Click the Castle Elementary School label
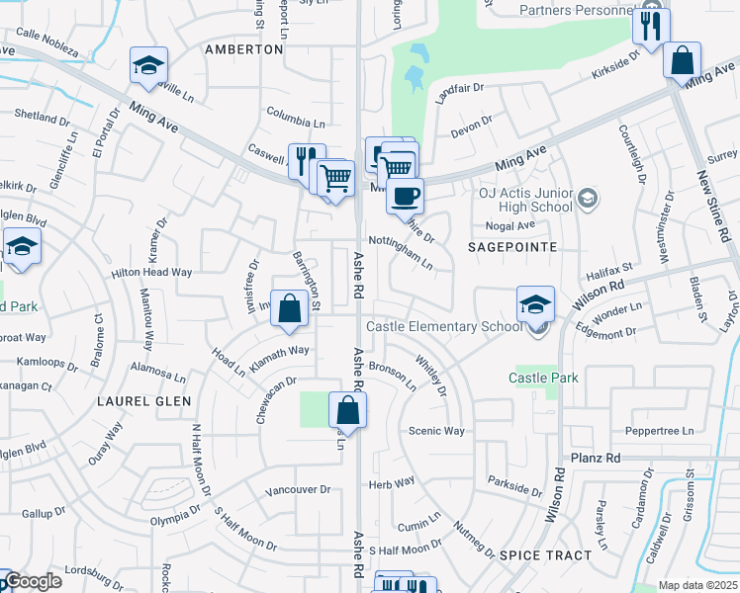(442, 327)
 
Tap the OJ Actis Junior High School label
(525, 200)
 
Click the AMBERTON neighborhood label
(243, 48)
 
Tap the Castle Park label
(543, 379)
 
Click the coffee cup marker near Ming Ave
(404, 195)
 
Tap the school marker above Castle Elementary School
(534, 302)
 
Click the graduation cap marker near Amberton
(149, 66)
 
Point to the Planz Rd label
(596, 459)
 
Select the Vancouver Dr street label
(297, 490)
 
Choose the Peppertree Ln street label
(660, 431)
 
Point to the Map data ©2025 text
(697, 585)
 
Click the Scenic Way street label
(436, 431)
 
